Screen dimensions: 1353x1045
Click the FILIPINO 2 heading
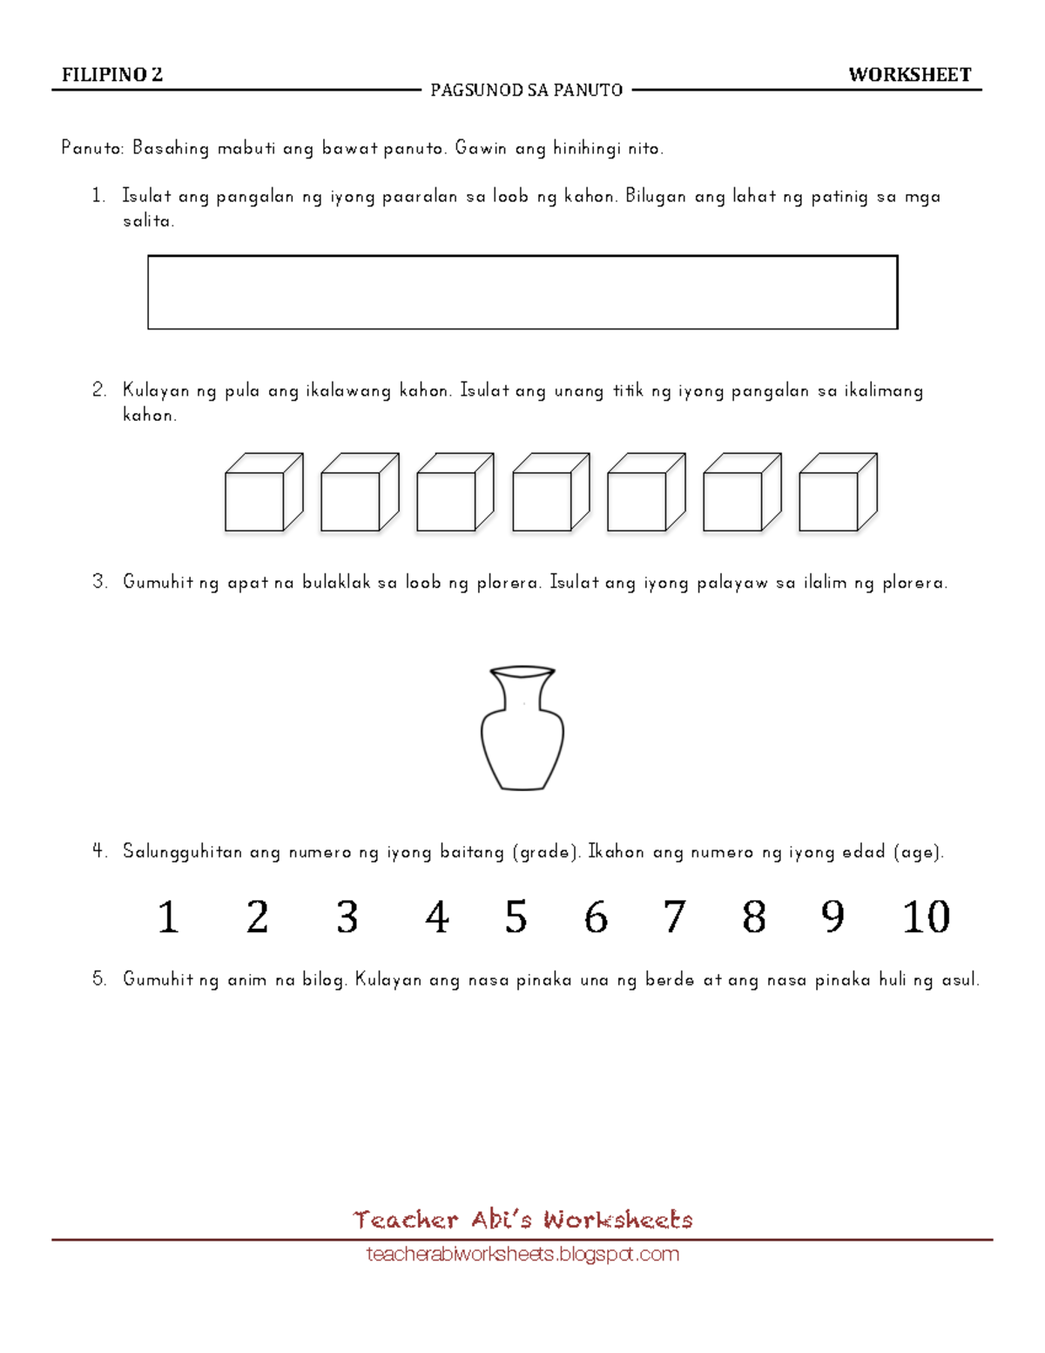111,75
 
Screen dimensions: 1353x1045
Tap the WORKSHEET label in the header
909,75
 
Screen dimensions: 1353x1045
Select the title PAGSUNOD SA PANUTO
526,90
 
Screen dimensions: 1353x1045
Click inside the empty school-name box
522,293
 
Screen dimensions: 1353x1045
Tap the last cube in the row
836,494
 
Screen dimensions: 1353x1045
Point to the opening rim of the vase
522,672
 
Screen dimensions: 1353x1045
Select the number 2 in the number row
257,917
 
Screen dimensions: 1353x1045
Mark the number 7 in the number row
674,917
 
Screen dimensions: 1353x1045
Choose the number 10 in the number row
926,917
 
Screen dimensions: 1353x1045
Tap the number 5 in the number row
516,917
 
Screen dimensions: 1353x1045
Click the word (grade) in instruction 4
546,852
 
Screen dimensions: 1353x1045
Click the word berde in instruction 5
670,980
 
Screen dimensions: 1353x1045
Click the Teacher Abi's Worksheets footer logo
522,1219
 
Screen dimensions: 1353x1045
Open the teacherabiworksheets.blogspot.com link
522,1254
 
